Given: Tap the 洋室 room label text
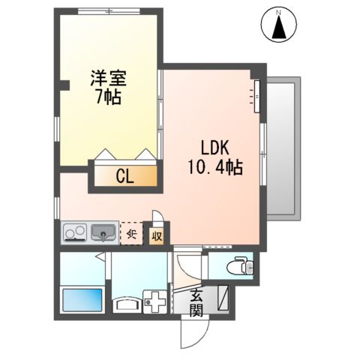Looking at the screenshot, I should tap(109, 78).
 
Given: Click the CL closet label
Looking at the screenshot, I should tap(124, 177).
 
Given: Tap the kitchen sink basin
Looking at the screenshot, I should tap(103, 233).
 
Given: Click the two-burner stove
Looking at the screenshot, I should tap(76, 233).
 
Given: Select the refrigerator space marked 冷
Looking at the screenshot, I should tap(130, 233).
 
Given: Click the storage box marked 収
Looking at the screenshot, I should tap(157, 235).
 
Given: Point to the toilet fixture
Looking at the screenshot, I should tap(240, 266).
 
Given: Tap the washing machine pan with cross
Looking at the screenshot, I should tap(157, 303).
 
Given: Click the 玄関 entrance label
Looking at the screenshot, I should tap(196, 301).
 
